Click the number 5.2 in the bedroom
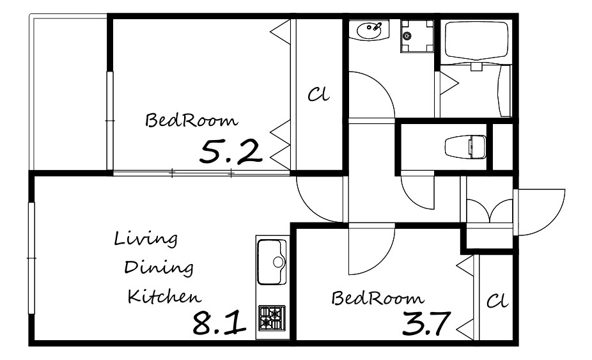coord(231,152)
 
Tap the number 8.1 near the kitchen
coord(219,324)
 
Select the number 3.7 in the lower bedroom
coord(426,324)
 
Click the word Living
coord(146,239)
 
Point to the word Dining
coord(159,268)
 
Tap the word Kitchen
coord(164,296)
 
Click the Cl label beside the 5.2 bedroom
coord(318,94)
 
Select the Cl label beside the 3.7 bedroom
coord(497,301)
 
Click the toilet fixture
coord(465,146)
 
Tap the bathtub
coord(476,40)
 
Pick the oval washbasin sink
coord(369,31)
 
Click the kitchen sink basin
coord(272,262)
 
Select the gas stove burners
coord(272,318)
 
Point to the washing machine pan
coord(417,36)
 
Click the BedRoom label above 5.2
coord(192,120)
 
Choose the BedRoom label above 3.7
coord(378,298)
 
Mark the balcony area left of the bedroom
coord(69,93)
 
